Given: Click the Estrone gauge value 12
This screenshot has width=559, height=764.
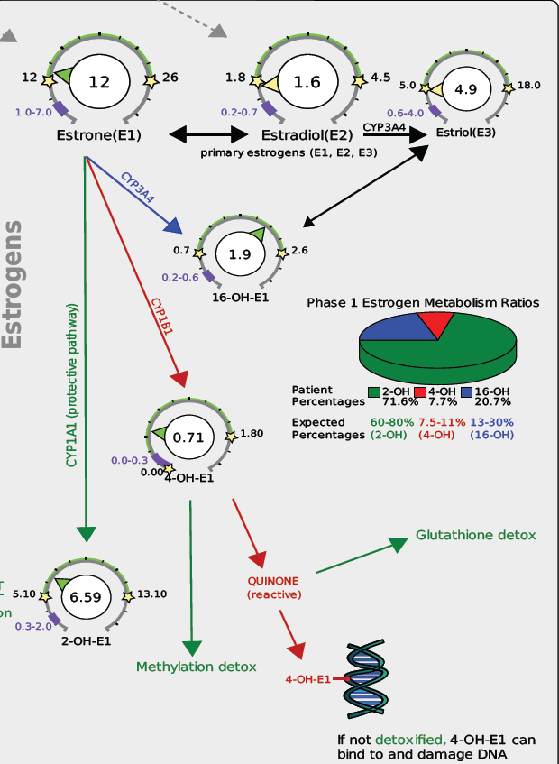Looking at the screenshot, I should click(x=98, y=82).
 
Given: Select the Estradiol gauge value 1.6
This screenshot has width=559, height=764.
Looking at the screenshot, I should click(x=307, y=82).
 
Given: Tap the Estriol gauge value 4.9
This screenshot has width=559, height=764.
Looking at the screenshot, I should click(x=465, y=90).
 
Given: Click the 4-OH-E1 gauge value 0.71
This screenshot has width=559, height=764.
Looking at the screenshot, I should click(x=188, y=437).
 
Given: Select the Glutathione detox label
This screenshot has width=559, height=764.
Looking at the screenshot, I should click(x=475, y=535).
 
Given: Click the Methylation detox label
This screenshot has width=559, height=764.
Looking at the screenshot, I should click(x=197, y=667).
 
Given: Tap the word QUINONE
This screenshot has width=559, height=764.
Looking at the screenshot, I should click(x=274, y=581).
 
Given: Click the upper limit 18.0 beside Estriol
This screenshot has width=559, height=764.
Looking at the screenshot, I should click(x=528, y=86).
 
